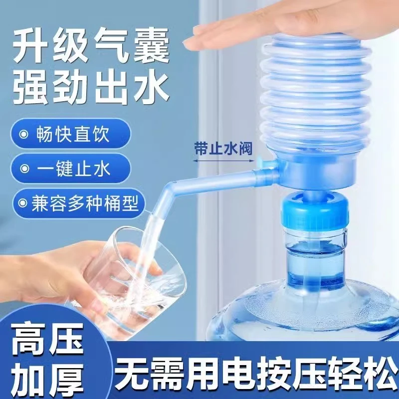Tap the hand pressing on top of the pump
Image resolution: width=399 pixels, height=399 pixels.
279,25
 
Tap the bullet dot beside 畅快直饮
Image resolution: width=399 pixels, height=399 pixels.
23,135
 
